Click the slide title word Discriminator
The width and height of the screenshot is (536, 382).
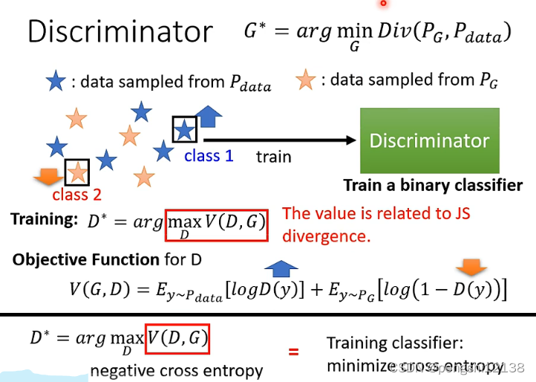pos(120,32)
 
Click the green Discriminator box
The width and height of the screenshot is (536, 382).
pos(429,140)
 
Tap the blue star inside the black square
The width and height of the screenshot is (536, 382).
pos(184,130)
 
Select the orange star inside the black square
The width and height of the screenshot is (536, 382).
pos(77,172)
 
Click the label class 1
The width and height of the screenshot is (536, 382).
pos(209,156)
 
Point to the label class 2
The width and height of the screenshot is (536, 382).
pos(76,195)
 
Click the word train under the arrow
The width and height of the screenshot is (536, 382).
pos(273,157)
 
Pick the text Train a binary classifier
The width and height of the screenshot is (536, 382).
pos(432,185)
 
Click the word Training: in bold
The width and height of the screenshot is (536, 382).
pos(44,219)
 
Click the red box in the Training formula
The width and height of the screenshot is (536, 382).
pos(217,223)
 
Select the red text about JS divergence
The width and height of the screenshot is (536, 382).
pos(376,225)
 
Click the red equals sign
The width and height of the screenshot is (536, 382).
pos(293,349)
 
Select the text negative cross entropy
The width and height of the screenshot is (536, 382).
pos(177,370)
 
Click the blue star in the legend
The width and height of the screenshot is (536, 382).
pos(55,82)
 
